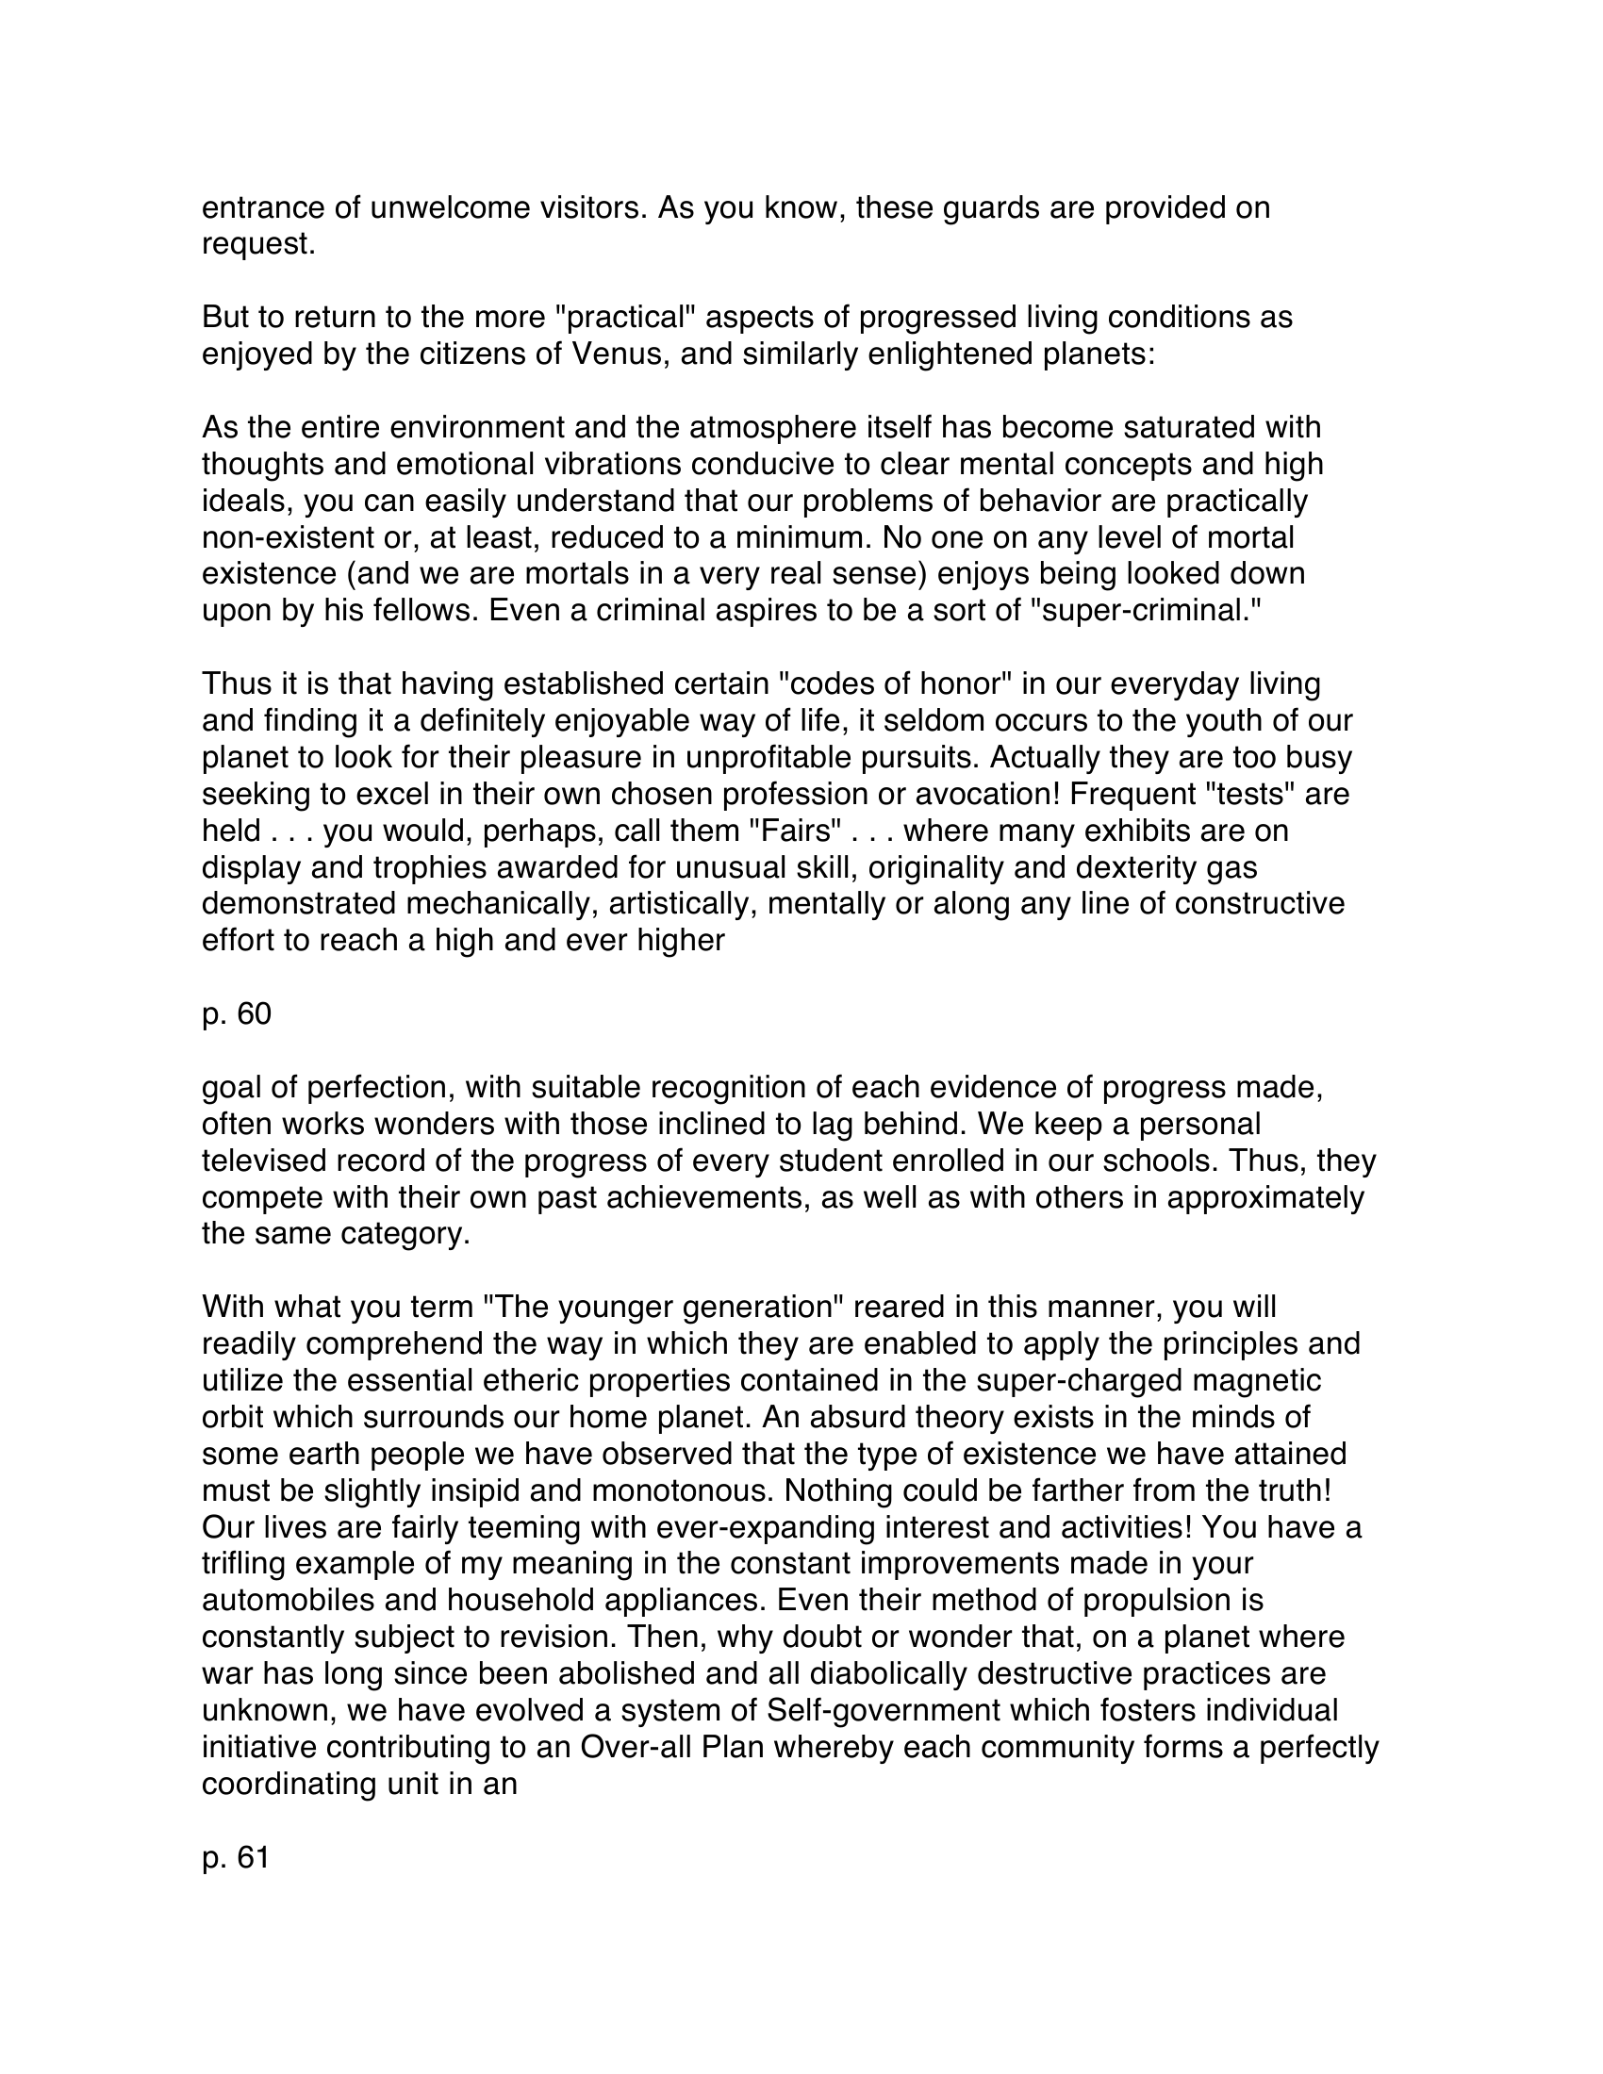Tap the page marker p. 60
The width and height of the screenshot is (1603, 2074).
point(237,1013)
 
